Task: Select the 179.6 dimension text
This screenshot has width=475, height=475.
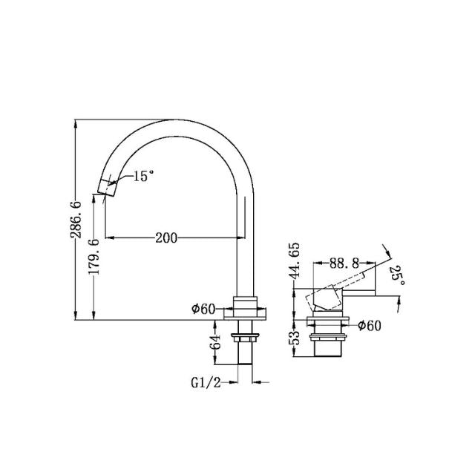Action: [94, 258]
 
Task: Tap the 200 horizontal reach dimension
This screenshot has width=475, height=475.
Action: [166, 237]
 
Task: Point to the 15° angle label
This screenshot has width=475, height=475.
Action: [144, 177]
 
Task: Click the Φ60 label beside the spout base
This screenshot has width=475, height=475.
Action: [203, 309]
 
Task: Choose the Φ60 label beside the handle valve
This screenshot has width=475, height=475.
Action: [369, 324]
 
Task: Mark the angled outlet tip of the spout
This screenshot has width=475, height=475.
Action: [108, 186]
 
